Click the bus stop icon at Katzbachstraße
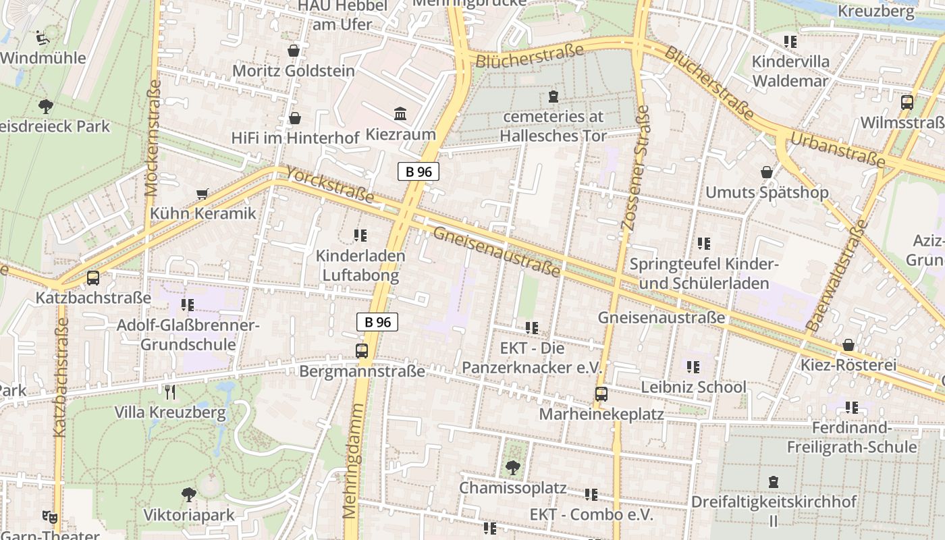[93, 278]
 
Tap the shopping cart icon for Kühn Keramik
[202, 194]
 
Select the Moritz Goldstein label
[293, 71]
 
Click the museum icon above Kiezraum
[400, 114]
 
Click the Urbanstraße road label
[836, 151]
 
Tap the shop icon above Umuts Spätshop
[767, 172]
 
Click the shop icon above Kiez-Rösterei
[848, 346]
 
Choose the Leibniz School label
[693, 387]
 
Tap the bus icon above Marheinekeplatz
[601, 394]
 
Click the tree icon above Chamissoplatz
[513, 467]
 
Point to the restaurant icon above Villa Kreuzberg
[170, 391]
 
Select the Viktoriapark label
[189, 515]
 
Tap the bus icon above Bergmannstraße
[362, 351]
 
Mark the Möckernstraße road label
[153, 138]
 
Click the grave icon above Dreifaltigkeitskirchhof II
[774, 482]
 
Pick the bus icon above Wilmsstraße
[907, 103]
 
